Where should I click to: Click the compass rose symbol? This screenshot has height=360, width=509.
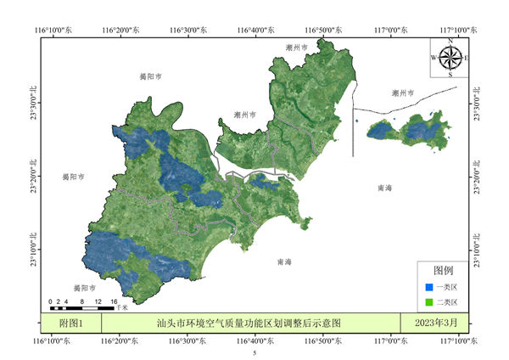click(x=450, y=58)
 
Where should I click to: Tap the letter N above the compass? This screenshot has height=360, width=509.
click(x=450, y=41)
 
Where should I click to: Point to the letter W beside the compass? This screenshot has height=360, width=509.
click(x=433, y=58)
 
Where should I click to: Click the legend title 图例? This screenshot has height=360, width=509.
click(x=443, y=271)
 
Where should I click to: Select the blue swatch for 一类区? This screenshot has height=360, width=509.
click(x=429, y=287)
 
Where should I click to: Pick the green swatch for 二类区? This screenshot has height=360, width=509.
click(x=429, y=301)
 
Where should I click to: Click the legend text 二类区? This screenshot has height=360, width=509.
click(x=447, y=301)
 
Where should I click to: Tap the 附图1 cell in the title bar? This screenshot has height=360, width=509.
click(x=71, y=323)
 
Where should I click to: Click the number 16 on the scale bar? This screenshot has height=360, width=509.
click(x=113, y=301)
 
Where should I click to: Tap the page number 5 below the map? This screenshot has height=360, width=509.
click(x=254, y=352)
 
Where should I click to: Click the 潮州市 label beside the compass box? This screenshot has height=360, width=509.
click(x=403, y=92)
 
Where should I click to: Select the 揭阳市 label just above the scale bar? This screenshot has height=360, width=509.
click(x=83, y=288)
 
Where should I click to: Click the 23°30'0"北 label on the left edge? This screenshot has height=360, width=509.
click(x=35, y=102)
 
